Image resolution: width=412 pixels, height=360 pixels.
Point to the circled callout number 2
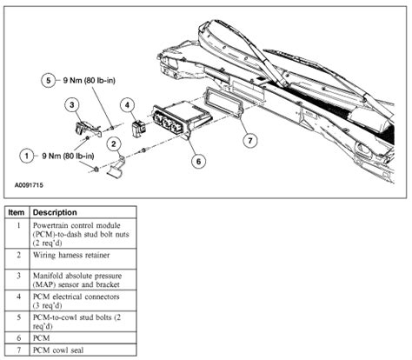coord(113,144)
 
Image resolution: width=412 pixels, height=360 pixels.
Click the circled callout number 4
coord(127,104)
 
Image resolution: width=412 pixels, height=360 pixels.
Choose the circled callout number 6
coord(200,160)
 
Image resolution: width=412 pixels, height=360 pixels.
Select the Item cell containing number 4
coord(17,302)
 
